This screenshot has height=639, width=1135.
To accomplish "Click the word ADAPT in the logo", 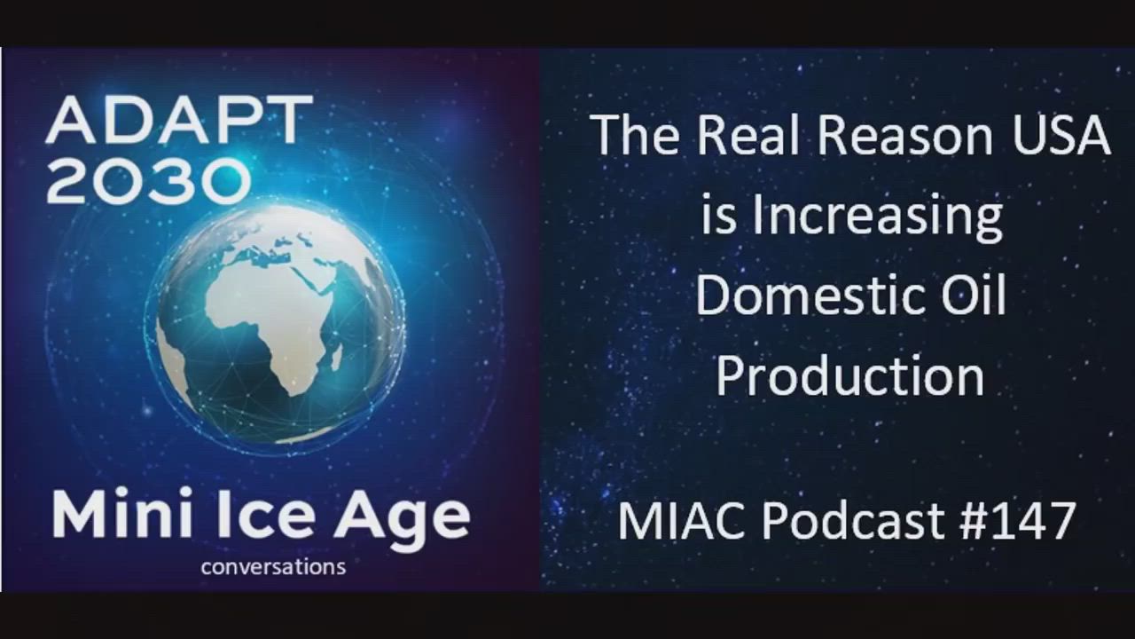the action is [x=179, y=121].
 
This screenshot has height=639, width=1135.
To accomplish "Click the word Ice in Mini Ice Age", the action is [x=260, y=515].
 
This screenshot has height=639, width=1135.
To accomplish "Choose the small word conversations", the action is [x=274, y=566].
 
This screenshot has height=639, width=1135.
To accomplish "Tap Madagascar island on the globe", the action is [x=335, y=357].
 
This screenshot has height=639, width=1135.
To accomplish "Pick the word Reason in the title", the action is [x=905, y=136].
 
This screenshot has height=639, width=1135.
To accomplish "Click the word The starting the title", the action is [x=637, y=136].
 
